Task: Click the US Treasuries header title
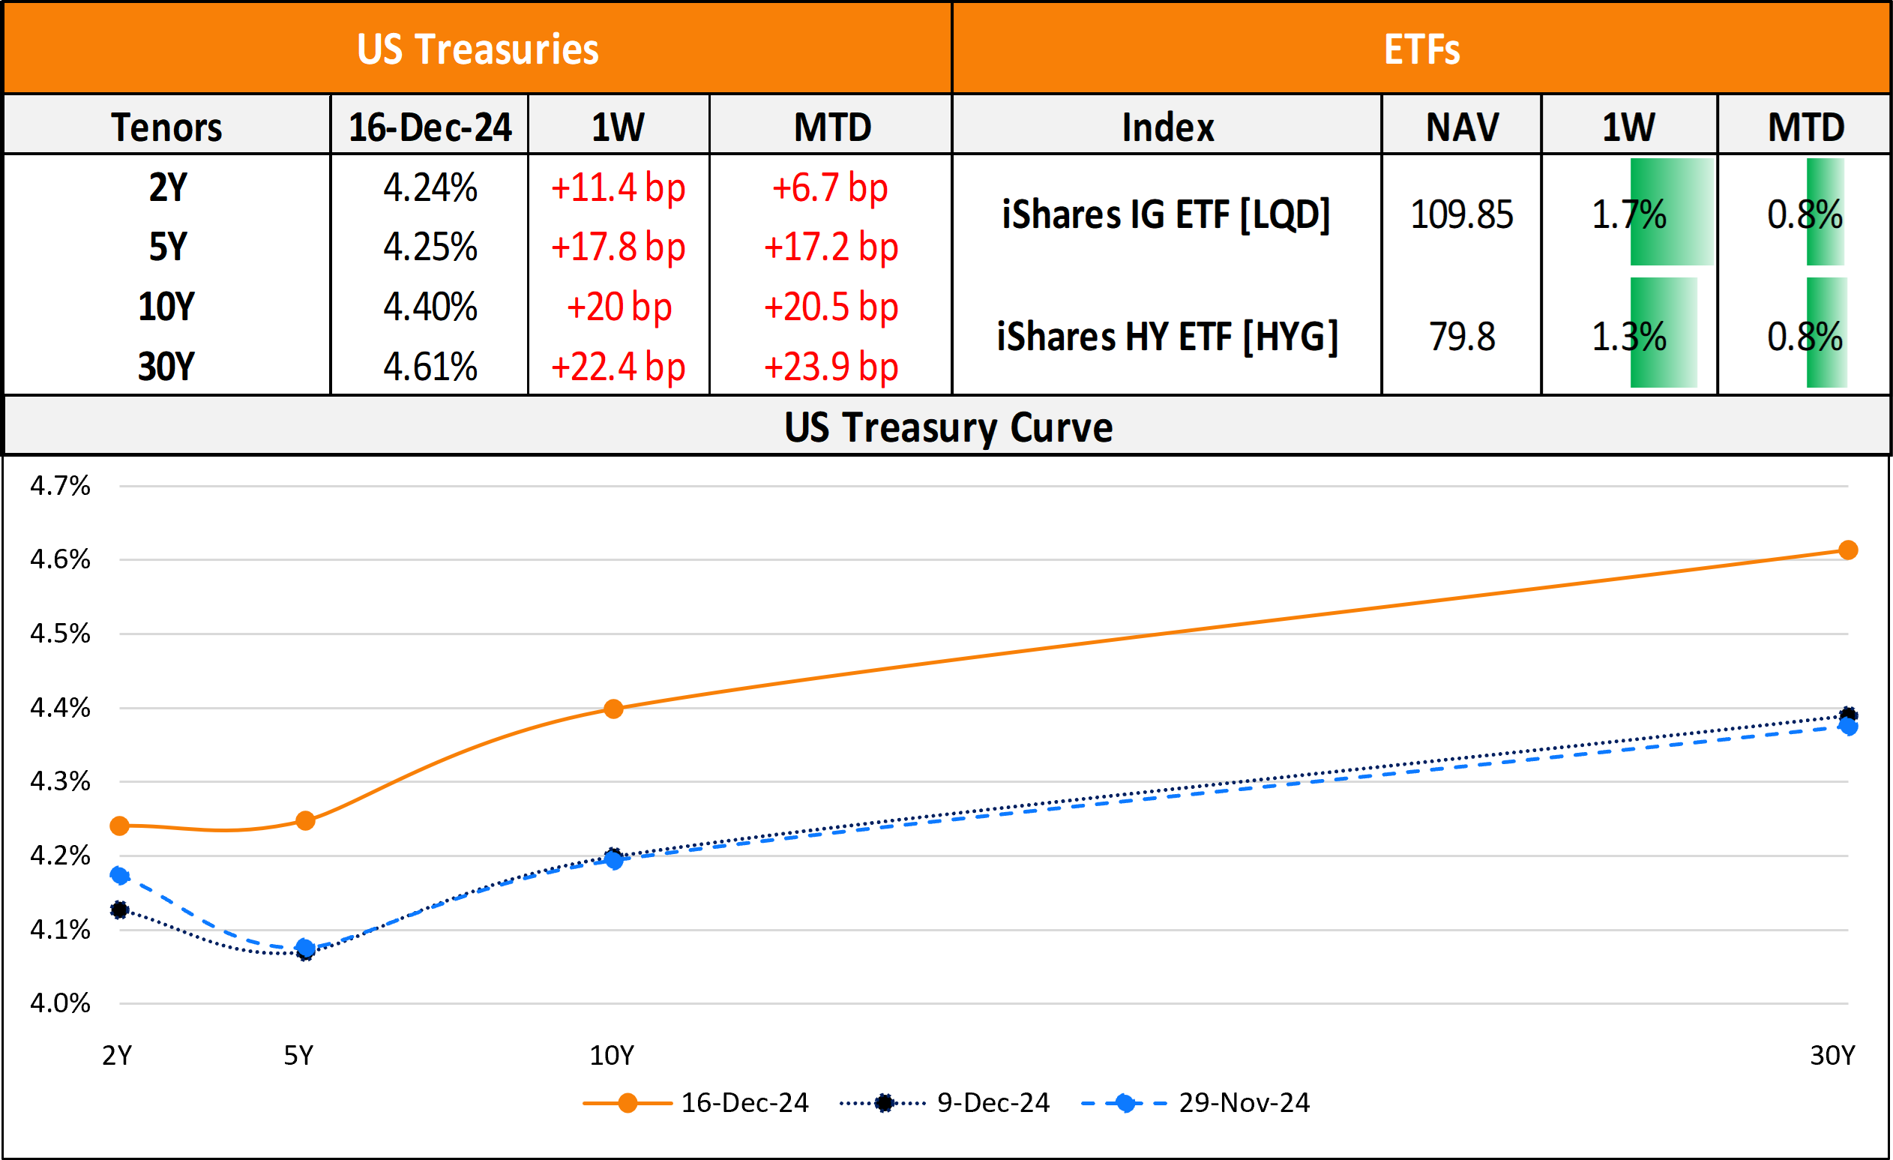(477, 49)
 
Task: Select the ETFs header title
(1421, 49)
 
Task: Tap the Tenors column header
(166, 127)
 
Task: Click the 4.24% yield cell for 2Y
(430, 187)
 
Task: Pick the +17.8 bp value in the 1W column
(618, 247)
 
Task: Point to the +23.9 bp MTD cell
(831, 367)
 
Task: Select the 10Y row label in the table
(166, 307)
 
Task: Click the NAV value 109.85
(1461, 214)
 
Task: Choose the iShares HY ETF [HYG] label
(1167, 337)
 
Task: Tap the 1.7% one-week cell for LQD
(1628, 214)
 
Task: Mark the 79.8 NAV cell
(1461, 337)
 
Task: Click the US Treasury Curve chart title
(948, 427)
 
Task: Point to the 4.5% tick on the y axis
(60, 634)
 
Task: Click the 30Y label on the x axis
(1832, 1056)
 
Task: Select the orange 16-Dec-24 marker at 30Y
(1849, 550)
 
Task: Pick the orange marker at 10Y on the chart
(613, 709)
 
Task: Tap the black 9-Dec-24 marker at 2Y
(119, 910)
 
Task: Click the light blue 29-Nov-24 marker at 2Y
(119, 875)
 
